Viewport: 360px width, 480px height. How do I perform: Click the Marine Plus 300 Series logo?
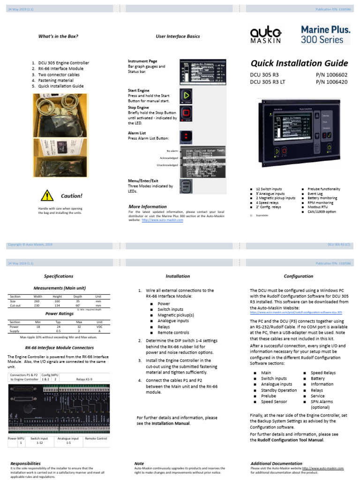325,35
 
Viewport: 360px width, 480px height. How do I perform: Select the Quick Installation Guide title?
300,63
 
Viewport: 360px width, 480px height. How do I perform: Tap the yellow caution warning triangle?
46,195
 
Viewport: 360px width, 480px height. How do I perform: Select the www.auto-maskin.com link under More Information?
162,220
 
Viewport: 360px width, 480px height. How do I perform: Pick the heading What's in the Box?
58,36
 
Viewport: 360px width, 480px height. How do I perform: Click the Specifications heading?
58,276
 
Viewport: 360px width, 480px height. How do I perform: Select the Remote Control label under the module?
96,438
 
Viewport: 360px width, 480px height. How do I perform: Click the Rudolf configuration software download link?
296,312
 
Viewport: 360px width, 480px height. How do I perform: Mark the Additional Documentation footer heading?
276,464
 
